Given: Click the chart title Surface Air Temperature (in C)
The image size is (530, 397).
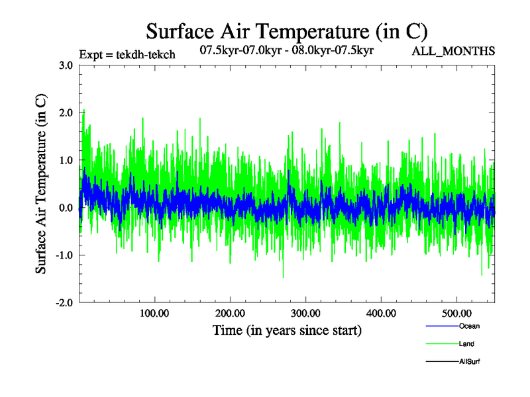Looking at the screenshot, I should (x=286, y=31).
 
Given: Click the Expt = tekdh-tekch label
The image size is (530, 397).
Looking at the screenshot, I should (x=127, y=55).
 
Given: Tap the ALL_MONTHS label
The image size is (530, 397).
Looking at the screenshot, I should (x=453, y=51).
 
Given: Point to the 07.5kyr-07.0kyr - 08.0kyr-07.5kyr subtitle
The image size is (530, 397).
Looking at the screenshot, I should (x=287, y=49).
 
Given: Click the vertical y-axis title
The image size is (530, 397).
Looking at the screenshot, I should (x=40, y=184).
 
